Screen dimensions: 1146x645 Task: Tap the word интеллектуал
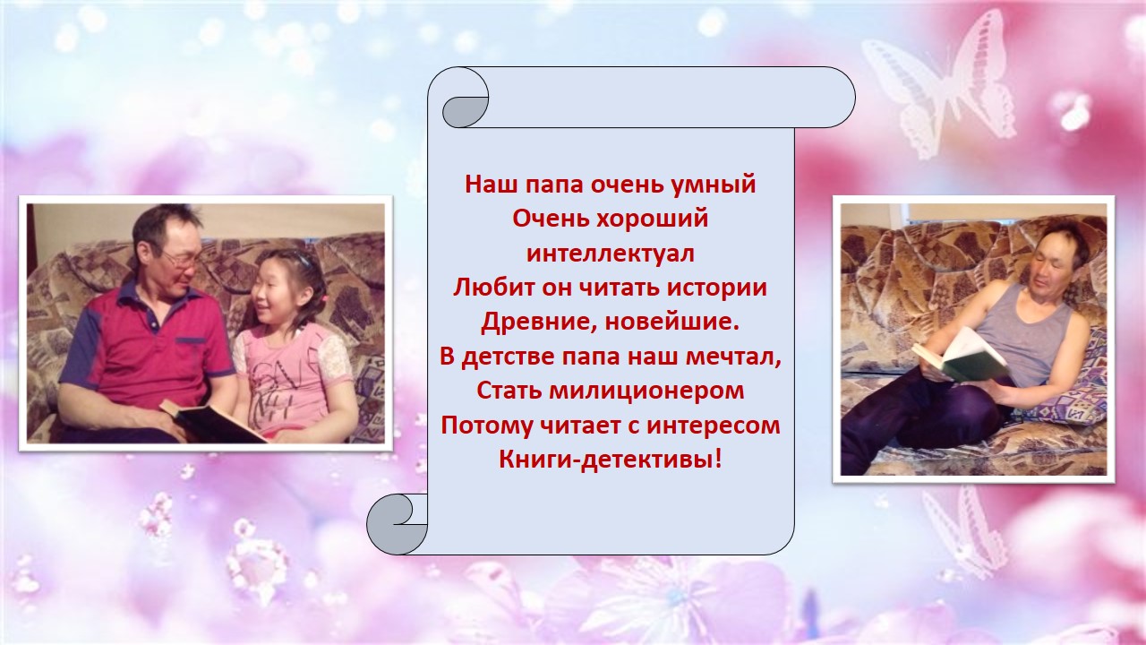point(611,254)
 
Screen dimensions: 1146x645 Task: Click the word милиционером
point(647,391)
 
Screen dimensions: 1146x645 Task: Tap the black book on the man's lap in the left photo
point(214,423)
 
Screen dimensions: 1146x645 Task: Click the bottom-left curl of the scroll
point(397,524)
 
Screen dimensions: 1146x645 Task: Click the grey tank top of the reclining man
point(1023,335)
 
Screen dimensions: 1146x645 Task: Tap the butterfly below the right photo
point(962,532)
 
